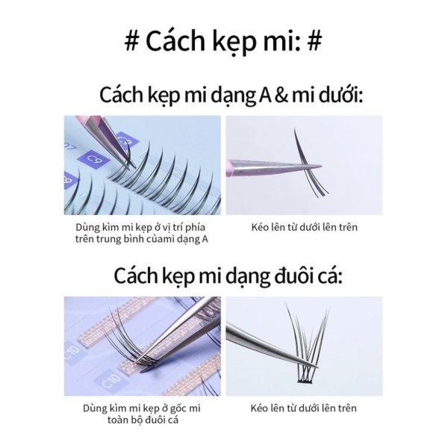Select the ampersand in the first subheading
point(281,95)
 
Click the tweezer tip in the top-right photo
point(320,166)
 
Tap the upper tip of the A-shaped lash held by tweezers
point(295,129)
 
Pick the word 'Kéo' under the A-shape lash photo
point(261,228)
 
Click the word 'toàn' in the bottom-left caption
point(118,420)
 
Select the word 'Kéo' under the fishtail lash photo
point(260,408)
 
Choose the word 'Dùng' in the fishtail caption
point(95,408)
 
